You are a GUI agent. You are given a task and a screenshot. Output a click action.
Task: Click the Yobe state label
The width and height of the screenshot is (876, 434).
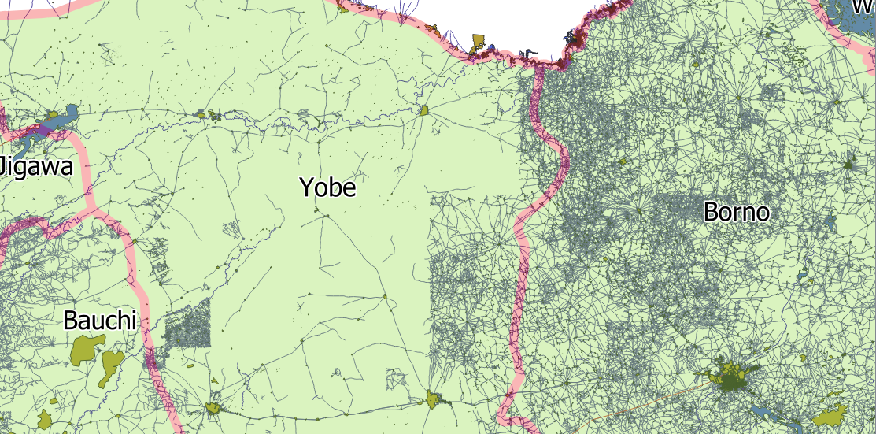327,187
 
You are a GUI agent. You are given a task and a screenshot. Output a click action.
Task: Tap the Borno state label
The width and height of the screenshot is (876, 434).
736,212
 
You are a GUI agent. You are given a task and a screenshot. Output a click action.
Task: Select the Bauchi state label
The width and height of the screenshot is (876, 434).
99,321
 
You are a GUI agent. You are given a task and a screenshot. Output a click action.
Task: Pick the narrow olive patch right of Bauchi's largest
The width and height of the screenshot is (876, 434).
111,366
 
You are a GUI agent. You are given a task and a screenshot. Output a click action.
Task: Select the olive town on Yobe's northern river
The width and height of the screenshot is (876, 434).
424,111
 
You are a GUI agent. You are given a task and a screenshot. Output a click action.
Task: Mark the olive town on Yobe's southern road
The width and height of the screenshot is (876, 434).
432,400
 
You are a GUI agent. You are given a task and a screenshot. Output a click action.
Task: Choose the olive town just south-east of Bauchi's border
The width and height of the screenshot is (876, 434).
213,408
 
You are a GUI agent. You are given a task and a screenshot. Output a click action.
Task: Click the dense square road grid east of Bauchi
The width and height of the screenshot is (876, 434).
187,325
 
